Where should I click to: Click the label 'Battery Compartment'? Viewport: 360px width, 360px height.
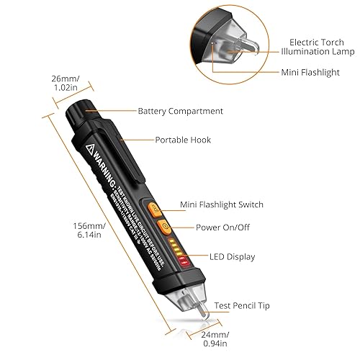(180, 112)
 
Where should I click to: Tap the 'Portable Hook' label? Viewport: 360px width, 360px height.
(183, 140)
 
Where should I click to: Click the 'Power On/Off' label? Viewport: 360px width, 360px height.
(224, 227)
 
